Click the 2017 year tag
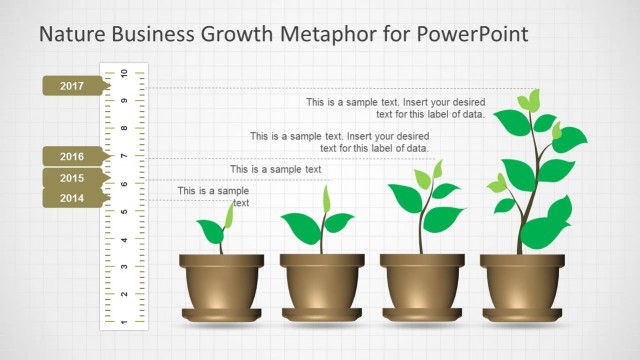[x=72, y=86]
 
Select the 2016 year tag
[x=72, y=156]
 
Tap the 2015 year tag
[x=72, y=177]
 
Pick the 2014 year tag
[x=72, y=198]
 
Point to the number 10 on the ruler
[x=124, y=74]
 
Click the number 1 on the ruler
[x=124, y=321]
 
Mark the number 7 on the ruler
[x=124, y=156]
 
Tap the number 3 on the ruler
[x=124, y=267]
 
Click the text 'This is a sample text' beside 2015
[x=276, y=170]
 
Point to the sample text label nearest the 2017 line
[x=396, y=108]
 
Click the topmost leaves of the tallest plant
[x=530, y=100]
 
